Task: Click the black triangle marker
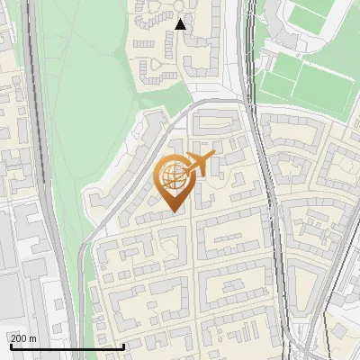pyautogui.click(x=181, y=25)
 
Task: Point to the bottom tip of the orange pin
pyautogui.click(x=173, y=212)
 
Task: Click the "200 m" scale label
pyautogui.click(x=23, y=338)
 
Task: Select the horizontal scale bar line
pyautogui.click(x=67, y=346)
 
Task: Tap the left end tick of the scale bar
pyautogui.click(x=10, y=345)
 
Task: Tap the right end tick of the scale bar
pyautogui.click(x=123, y=345)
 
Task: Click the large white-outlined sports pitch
pyautogui.click(x=305, y=87)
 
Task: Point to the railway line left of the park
pyautogui.click(x=36, y=135)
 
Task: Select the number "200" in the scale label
pyautogui.click(x=19, y=338)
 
